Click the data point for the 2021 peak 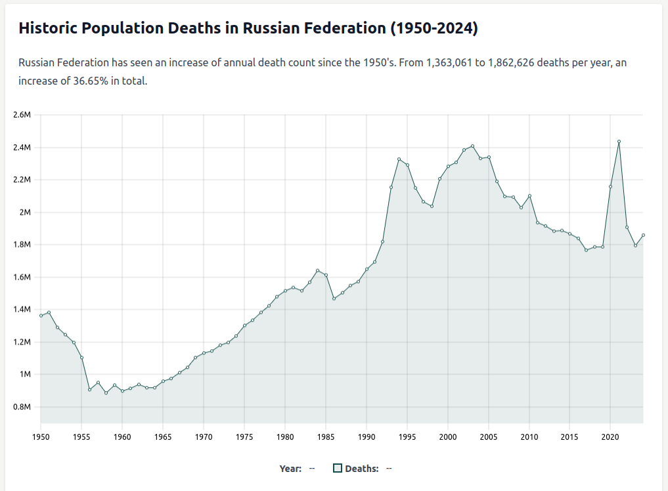pyautogui.click(x=619, y=141)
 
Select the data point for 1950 pyautogui.click(x=41, y=316)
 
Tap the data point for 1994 pyautogui.click(x=399, y=159)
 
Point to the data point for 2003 pyautogui.click(x=472, y=146)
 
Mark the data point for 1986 pyautogui.click(x=334, y=299)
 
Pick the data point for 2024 pyautogui.click(x=643, y=235)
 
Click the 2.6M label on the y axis pyautogui.click(x=22, y=115)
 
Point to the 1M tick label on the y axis pyautogui.click(x=25, y=374)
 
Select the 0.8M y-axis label pyautogui.click(x=22, y=407)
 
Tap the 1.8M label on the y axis pyautogui.click(x=22, y=245)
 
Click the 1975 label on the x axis pyautogui.click(x=244, y=437)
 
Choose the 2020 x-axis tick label pyautogui.click(x=610, y=437)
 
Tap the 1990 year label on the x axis pyautogui.click(x=367, y=437)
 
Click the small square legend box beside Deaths pyautogui.click(x=338, y=468)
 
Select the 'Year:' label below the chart pyautogui.click(x=290, y=468)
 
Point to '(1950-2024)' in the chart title pyautogui.click(x=434, y=28)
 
